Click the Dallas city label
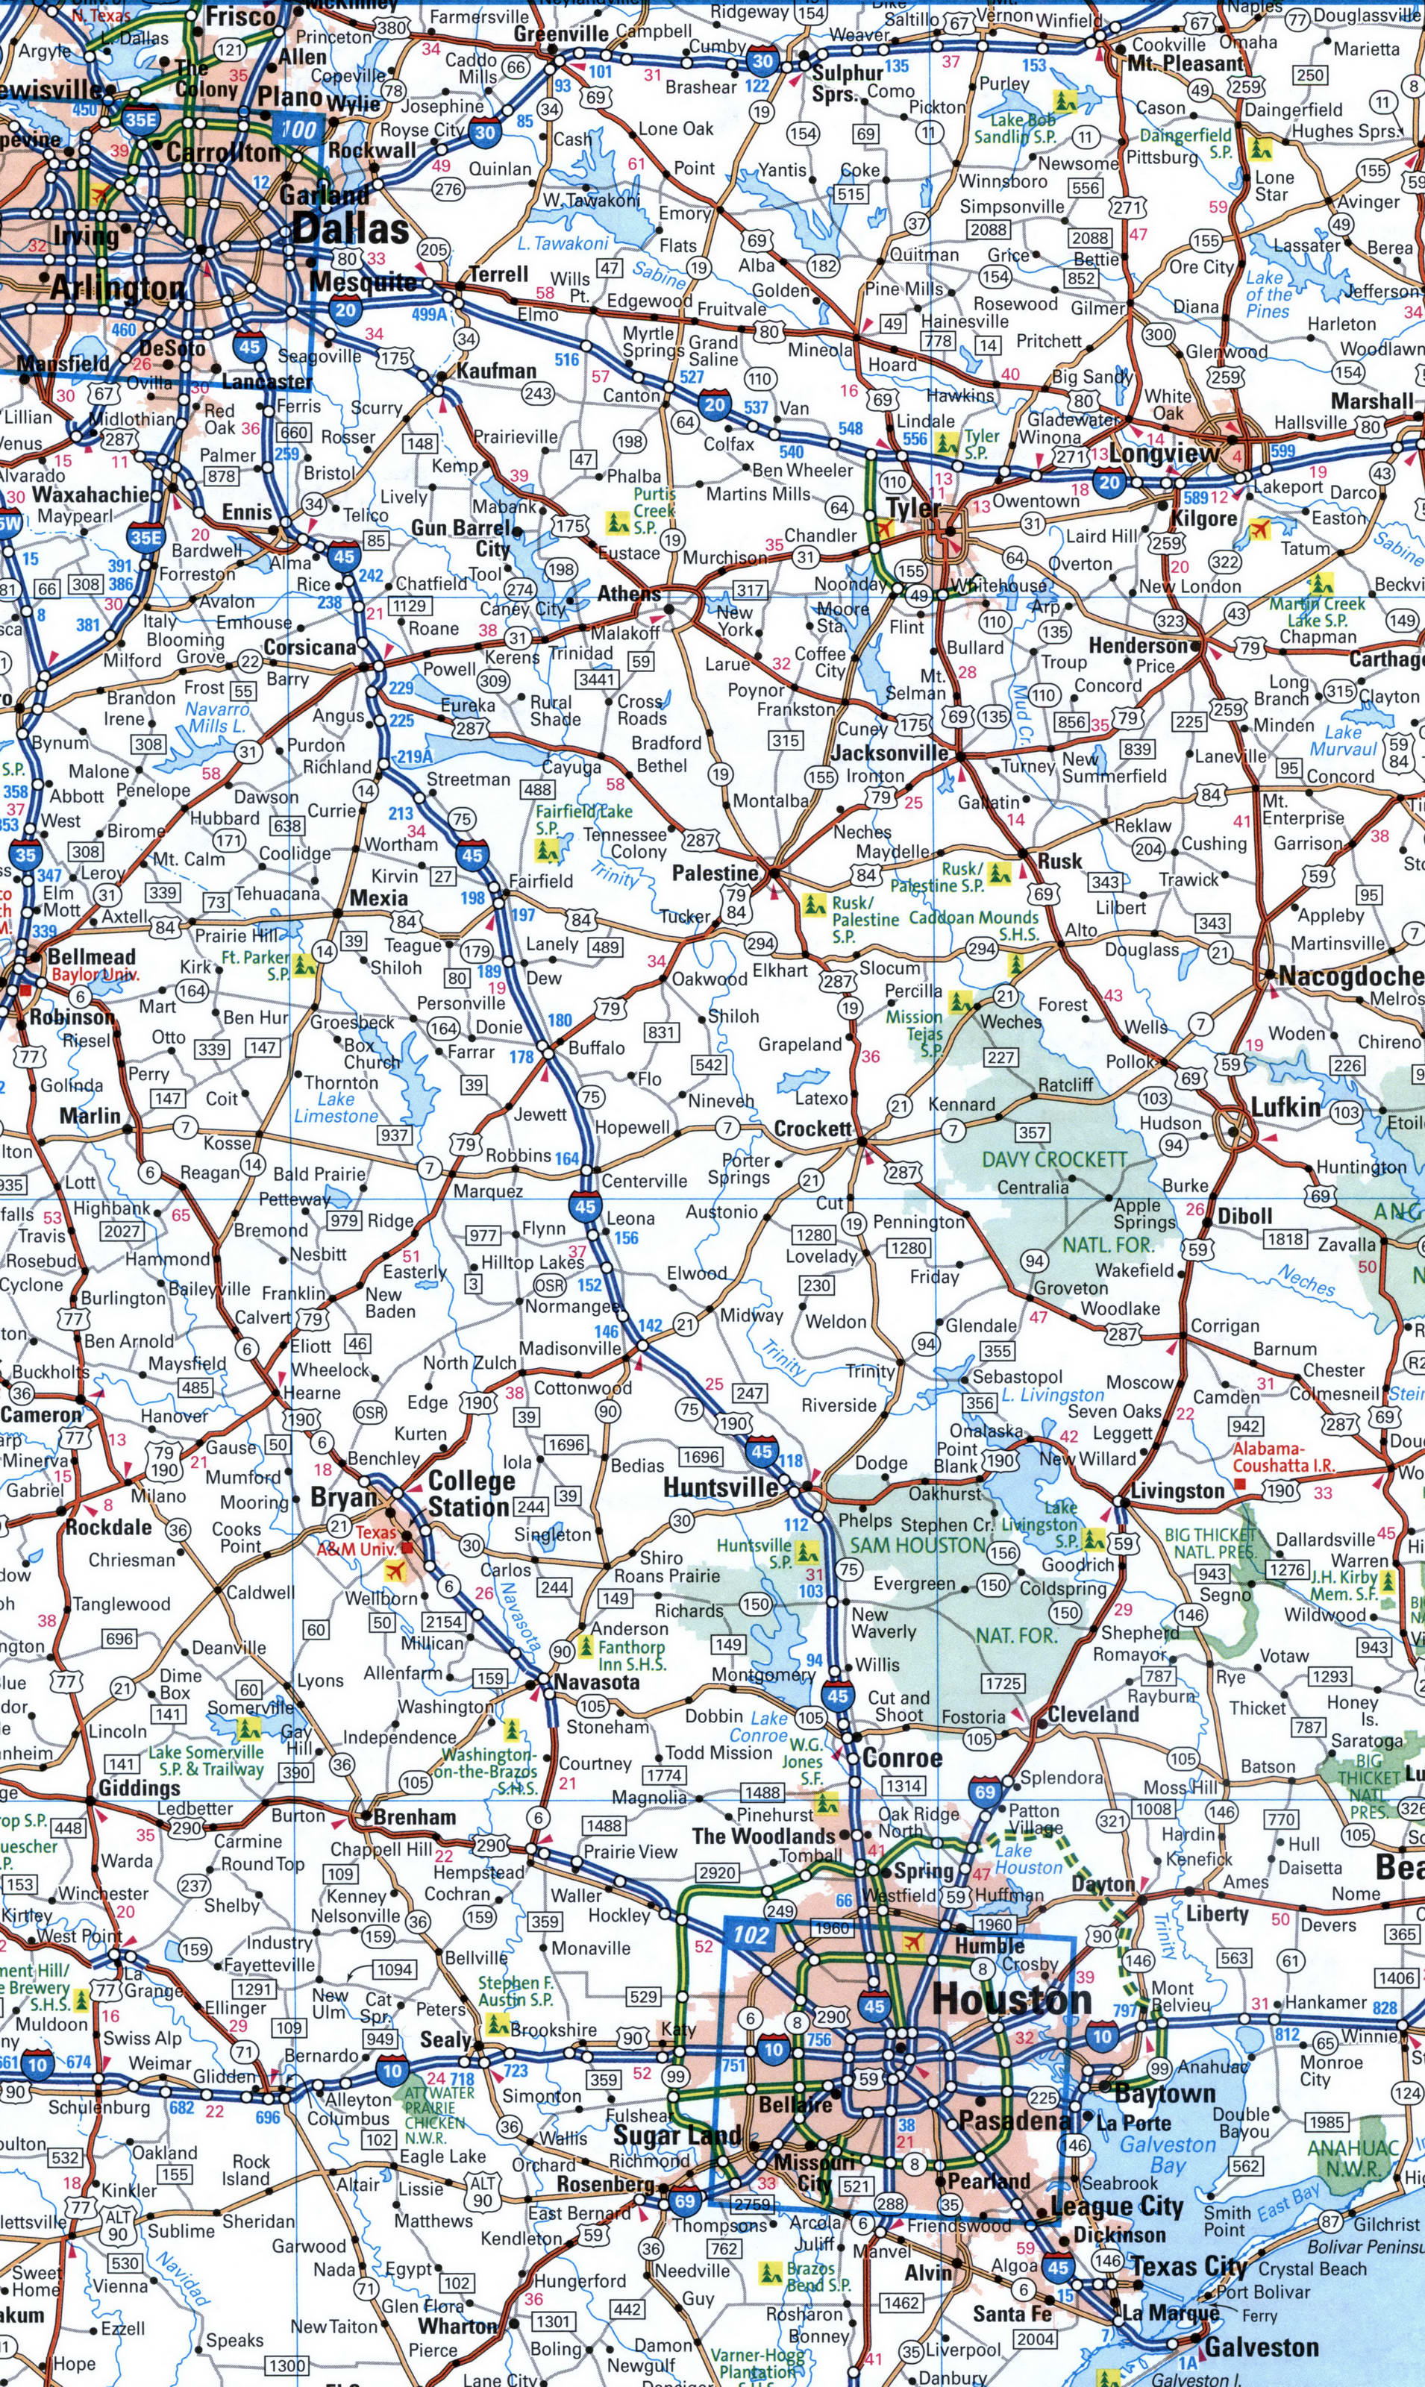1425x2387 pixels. point(351,230)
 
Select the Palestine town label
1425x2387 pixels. point(715,873)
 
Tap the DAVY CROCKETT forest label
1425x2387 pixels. point(1053,1159)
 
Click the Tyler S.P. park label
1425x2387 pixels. point(981,443)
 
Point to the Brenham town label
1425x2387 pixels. point(414,1817)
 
